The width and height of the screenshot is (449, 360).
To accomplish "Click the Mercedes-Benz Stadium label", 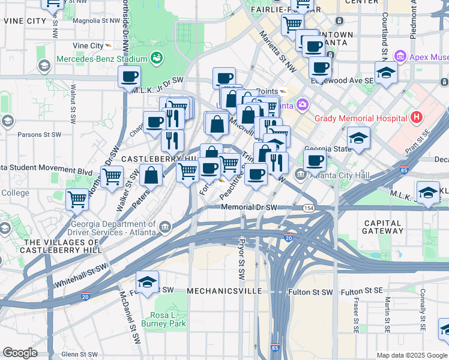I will [x=101, y=59].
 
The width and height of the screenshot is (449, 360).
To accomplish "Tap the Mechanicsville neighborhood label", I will [x=224, y=290].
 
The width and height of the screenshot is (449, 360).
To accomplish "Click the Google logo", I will [x=20, y=353].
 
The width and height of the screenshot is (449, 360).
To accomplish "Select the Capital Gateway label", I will [x=383, y=226].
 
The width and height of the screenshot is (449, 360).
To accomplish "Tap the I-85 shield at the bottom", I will [x=275, y=347].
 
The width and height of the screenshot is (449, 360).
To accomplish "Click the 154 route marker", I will [x=308, y=208].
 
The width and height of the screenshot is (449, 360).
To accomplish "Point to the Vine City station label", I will [x=88, y=46].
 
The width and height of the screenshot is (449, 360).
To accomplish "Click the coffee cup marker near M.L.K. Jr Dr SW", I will [x=129, y=77].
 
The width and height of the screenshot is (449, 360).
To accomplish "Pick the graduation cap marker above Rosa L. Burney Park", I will [x=147, y=281].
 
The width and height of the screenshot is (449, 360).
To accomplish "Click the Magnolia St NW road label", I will [x=96, y=20].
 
